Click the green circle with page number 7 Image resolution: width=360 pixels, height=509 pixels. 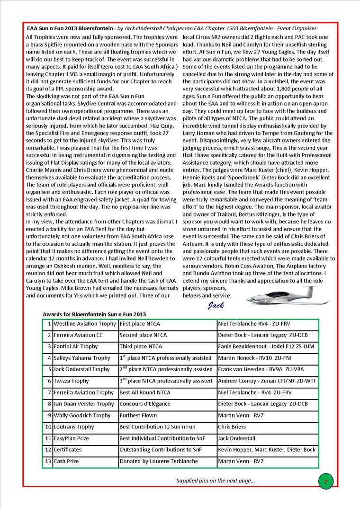coord(325,482)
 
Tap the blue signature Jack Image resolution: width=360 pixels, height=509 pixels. coord(216,305)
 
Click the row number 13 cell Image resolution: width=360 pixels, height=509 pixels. coord(48,461)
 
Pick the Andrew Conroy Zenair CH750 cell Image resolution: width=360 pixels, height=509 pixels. coord(267,381)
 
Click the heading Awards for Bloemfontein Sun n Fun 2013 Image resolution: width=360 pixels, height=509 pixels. coord(94,314)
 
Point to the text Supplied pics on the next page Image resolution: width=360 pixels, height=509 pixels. coord(216,481)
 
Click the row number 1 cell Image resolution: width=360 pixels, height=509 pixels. coord(48,324)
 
